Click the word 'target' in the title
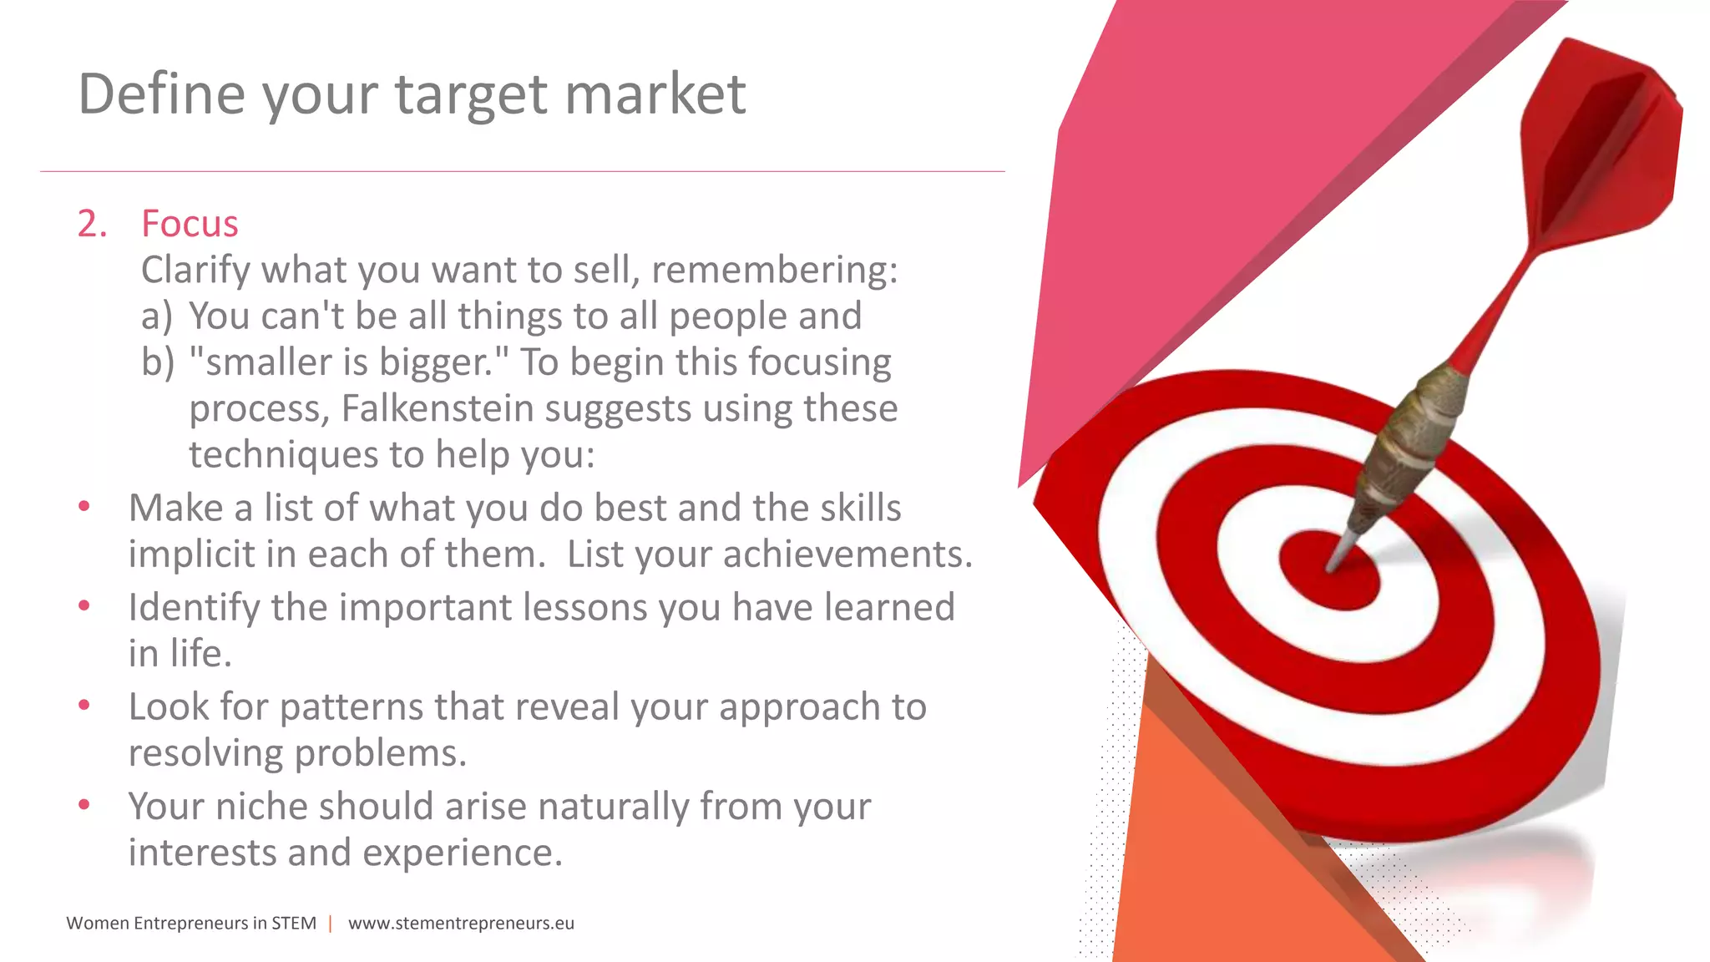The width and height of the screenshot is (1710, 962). pos(471,95)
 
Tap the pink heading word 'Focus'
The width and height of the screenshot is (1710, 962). pos(190,224)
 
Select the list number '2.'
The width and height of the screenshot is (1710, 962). pos(92,224)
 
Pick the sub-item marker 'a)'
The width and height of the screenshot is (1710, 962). pos(157,316)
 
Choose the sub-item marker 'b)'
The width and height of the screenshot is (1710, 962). pos(158,362)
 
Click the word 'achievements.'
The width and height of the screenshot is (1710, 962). pos(847,554)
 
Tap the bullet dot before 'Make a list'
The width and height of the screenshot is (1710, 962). pos(83,506)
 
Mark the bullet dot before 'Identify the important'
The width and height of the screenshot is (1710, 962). pos(83,605)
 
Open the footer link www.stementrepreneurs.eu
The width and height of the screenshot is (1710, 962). pos(461,923)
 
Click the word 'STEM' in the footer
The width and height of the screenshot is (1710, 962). pos(294,923)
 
